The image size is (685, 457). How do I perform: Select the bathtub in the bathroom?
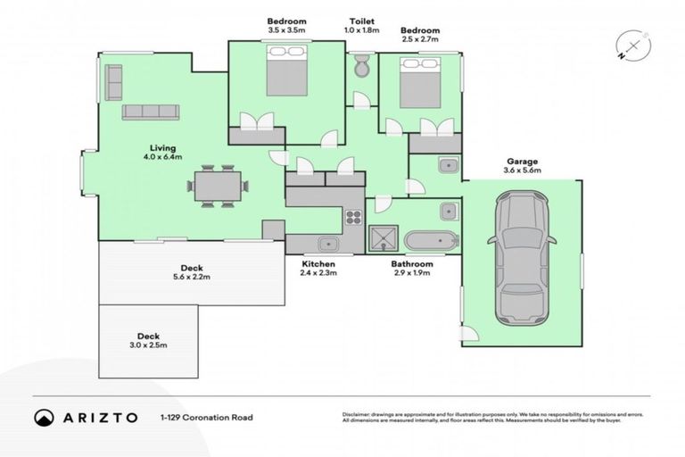pos(431,240)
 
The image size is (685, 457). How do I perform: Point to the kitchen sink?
pos(326,242)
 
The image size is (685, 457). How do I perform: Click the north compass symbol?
pos(632,46)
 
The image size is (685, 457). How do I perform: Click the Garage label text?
pos(523,162)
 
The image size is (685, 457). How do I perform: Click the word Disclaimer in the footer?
pos(358,414)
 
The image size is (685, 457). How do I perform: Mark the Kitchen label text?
pos(318,265)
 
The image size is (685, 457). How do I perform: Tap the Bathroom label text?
pos(412,265)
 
